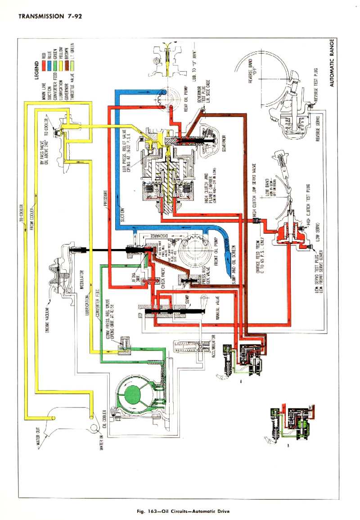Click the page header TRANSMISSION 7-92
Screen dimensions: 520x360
pos(49,17)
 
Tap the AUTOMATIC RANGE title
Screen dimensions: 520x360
pos(332,63)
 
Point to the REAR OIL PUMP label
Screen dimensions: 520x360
pos(185,99)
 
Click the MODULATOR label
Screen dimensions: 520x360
pos(82,280)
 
